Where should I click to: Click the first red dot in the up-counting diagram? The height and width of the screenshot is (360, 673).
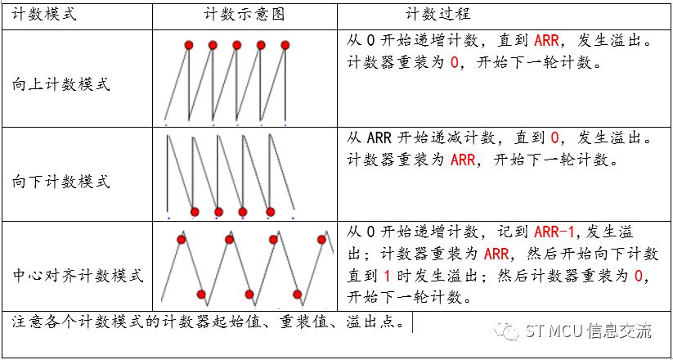(x=187, y=44)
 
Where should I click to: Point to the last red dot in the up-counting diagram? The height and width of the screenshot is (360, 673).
(x=285, y=44)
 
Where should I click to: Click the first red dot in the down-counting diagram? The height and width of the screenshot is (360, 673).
(x=195, y=212)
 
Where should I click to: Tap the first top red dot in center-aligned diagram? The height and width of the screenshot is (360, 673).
(x=181, y=239)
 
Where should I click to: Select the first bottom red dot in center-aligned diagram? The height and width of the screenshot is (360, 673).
(x=201, y=294)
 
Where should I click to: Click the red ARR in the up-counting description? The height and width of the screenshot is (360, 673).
(x=546, y=39)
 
